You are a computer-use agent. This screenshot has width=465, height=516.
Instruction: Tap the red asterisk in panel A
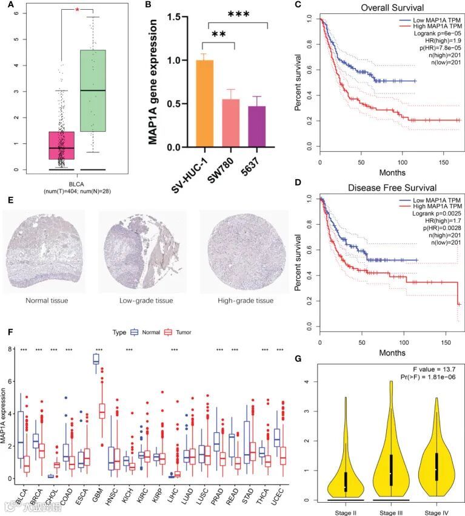click(x=77, y=10)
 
